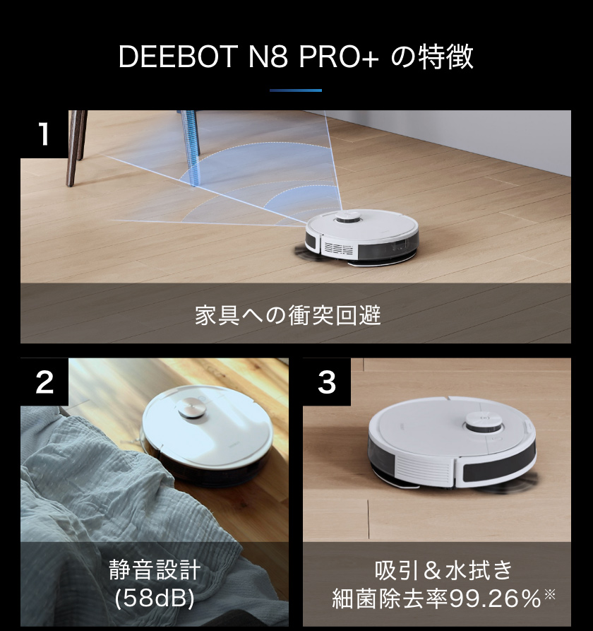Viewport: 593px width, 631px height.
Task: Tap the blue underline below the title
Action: (296, 90)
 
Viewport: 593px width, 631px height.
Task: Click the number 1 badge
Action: (44, 134)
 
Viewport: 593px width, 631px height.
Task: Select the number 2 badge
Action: (44, 382)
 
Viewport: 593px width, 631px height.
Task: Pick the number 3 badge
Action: (327, 382)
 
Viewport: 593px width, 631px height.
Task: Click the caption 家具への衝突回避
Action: (287, 315)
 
